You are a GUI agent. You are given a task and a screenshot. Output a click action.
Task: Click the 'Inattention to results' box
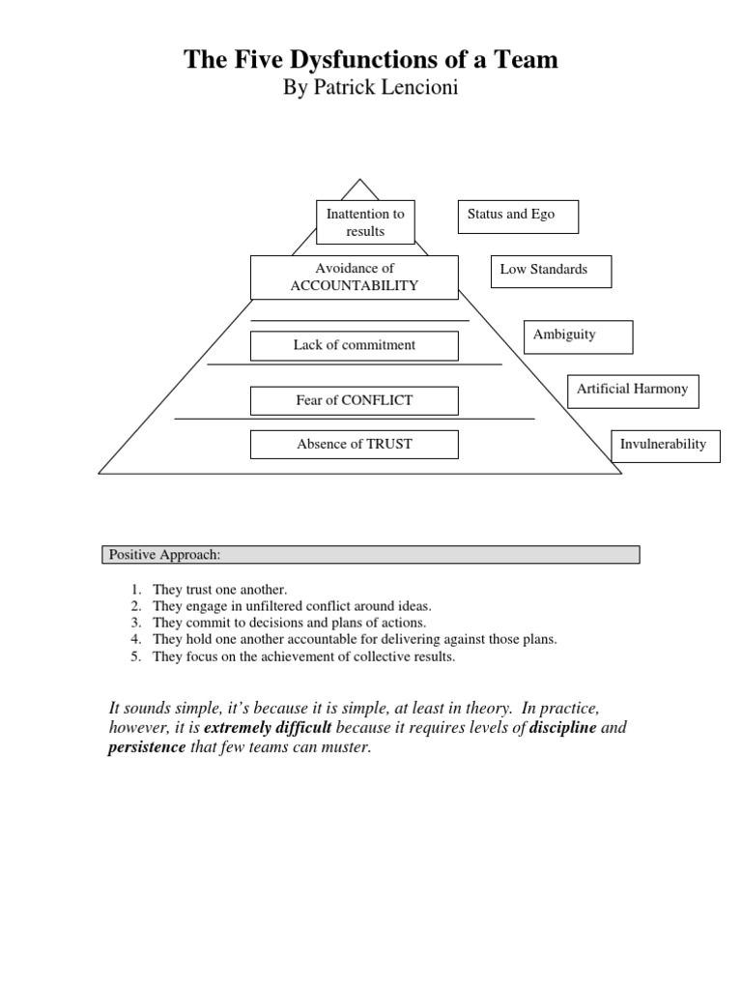[365, 222]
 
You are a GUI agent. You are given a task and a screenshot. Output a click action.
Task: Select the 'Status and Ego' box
[518, 216]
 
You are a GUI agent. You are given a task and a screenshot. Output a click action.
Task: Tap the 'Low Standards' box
[552, 271]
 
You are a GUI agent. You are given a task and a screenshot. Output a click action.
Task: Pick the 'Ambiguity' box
[578, 335]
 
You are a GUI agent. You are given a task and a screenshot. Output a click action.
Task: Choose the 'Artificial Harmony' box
[632, 390]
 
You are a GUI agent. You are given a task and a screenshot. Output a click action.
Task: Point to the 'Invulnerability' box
[665, 445]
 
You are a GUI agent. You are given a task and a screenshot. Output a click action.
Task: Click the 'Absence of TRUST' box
[355, 445]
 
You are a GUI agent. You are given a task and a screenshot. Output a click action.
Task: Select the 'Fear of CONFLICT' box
[355, 400]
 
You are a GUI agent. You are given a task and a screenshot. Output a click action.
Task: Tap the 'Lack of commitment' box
[355, 345]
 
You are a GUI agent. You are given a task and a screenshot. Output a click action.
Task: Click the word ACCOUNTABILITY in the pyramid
[355, 285]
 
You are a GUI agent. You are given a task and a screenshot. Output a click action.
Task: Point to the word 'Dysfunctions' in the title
[353, 61]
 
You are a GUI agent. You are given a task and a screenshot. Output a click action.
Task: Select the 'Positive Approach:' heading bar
[371, 554]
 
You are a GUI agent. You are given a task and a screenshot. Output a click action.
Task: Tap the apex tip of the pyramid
[360, 180]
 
